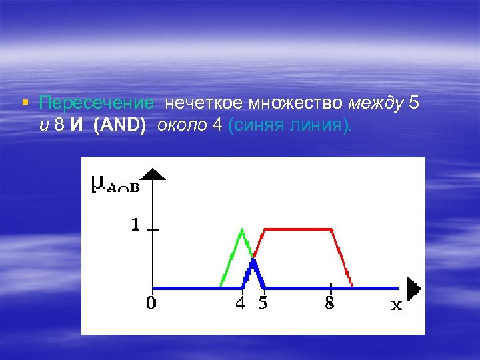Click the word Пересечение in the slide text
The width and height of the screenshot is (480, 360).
tap(96, 103)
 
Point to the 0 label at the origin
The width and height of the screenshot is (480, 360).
tap(152, 303)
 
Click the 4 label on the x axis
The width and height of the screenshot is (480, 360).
tap(241, 303)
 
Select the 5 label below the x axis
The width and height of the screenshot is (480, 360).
tap(263, 303)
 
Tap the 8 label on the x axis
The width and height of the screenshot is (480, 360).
tap(330, 303)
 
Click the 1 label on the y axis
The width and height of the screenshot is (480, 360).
tap(135, 226)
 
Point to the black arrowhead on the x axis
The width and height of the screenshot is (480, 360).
tap(414, 288)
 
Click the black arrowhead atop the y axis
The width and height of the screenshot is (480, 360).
tap(154, 174)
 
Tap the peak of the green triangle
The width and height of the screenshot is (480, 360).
tap(242, 230)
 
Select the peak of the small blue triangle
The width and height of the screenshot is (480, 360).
tap(253, 260)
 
